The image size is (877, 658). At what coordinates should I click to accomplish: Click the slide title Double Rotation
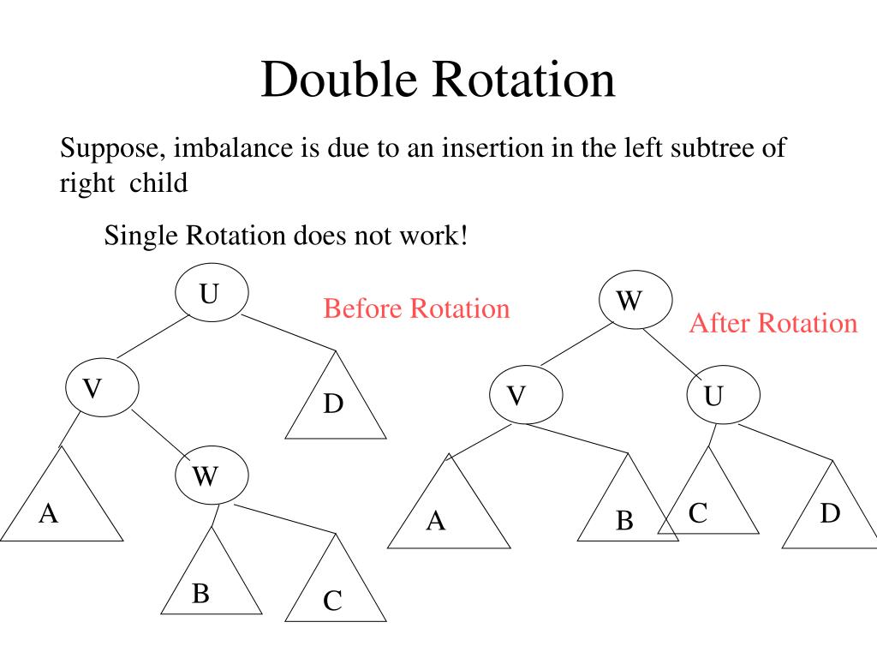coord(438,81)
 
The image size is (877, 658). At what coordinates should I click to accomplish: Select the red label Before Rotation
coord(416,308)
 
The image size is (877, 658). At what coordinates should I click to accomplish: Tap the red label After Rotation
coord(773,323)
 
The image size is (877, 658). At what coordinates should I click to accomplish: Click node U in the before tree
coord(212,294)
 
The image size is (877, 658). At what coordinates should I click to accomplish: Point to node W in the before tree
coord(212,475)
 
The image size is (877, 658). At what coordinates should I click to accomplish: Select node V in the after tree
coord(525,397)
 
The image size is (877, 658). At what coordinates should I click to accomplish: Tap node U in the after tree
coord(723,397)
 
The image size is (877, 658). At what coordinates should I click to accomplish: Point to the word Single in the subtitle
coord(139,234)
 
